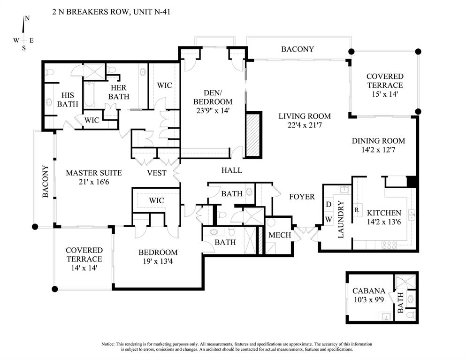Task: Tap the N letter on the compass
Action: (x=27, y=18)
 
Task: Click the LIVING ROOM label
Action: (x=304, y=116)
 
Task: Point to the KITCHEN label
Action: (x=384, y=213)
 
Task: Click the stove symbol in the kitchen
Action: (x=389, y=244)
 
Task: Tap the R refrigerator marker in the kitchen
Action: (x=357, y=209)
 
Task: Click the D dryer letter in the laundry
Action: (x=328, y=205)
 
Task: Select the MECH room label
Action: (x=280, y=235)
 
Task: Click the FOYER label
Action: (x=302, y=197)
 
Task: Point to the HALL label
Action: (x=232, y=170)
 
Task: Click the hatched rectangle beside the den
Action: (x=253, y=135)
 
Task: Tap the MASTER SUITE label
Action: (x=87, y=173)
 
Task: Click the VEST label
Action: (x=157, y=173)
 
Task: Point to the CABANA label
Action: (x=369, y=291)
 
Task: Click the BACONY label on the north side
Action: (x=298, y=49)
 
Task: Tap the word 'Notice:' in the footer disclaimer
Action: (x=111, y=344)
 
